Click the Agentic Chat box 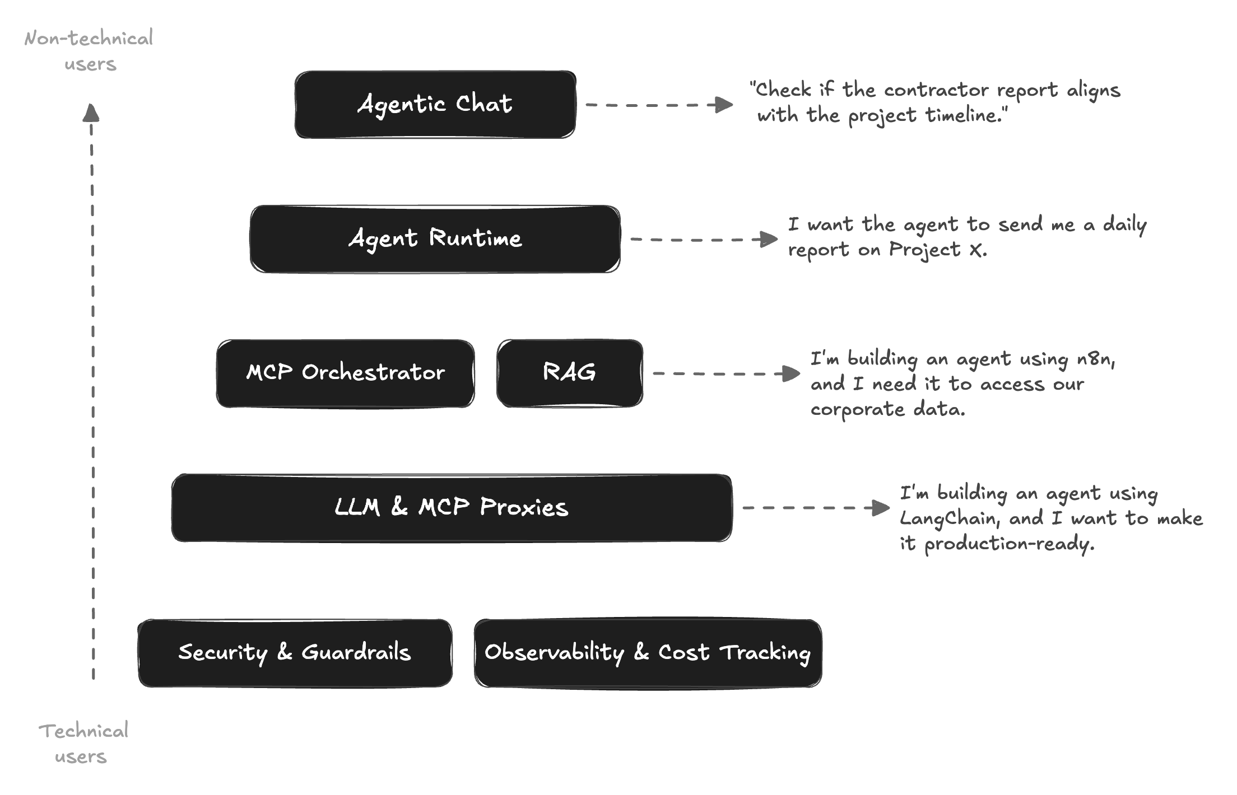(435, 105)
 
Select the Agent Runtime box (435, 239)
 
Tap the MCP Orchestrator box (345, 373)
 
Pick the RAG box (569, 373)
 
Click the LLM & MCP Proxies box (452, 508)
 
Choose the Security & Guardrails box (295, 653)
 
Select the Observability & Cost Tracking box (648, 653)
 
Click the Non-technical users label (89, 51)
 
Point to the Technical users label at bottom (83, 743)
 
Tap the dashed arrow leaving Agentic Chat (658, 105)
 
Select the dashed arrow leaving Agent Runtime (703, 239)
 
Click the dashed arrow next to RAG (726, 373)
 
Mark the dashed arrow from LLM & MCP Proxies (815, 508)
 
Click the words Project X (937, 250)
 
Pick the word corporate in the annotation (857, 410)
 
